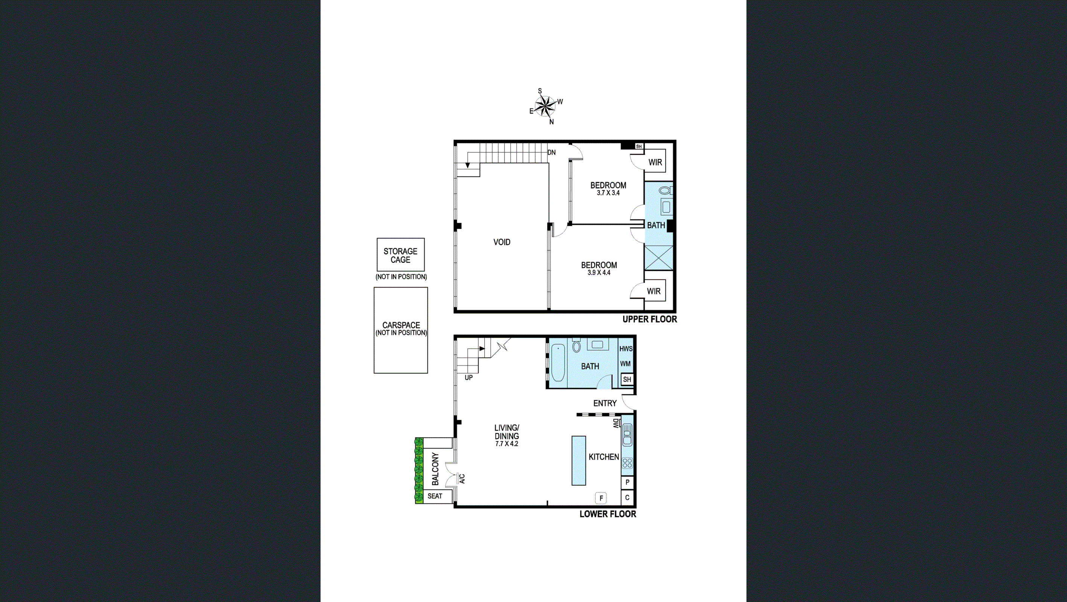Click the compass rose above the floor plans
click(x=546, y=107)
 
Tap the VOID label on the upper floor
click(x=502, y=242)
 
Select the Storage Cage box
click(x=400, y=255)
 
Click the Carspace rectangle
click(x=401, y=330)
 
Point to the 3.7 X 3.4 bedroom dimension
click(x=608, y=193)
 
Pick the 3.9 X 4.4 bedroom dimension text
click(x=599, y=273)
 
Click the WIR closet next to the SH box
click(x=655, y=162)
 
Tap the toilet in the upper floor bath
click(x=665, y=191)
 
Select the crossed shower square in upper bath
click(x=658, y=258)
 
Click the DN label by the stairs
click(x=551, y=152)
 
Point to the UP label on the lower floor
click(x=468, y=377)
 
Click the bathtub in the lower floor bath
click(x=558, y=364)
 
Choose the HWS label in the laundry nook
click(x=626, y=349)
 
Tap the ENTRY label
click(x=605, y=403)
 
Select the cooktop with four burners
click(x=627, y=463)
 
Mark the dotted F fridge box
click(x=601, y=498)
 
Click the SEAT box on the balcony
click(x=435, y=496)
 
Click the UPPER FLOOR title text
click(x=649, y=319)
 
